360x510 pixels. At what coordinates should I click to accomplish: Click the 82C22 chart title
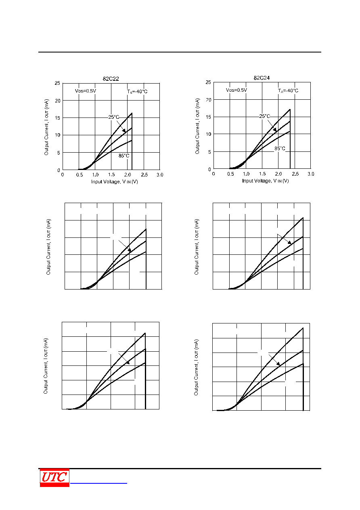tap(111, 79)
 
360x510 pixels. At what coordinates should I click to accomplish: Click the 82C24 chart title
tap(262, 78)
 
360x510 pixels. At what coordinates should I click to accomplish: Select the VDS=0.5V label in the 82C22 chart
tap(86, 91)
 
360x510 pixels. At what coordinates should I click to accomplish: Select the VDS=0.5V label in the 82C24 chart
tap(237, 90)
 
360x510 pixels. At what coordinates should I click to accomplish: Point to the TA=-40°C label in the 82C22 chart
tap(137, 92)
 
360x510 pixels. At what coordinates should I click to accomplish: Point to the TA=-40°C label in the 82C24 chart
tap(288, 90)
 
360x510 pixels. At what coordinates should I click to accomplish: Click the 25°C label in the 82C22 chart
tap(114, 117)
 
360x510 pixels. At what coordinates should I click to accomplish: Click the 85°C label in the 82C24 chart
tap(280, 149)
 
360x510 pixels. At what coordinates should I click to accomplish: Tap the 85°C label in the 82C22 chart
tap(124, 156)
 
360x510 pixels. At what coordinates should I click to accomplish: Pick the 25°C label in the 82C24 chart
tap(265, 116)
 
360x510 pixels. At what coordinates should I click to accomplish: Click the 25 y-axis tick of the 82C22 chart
tap(57, 83)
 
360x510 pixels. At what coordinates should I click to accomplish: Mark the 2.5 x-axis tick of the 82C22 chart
tap(144, 174)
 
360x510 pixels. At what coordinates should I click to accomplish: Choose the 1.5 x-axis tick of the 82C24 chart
tap(262, 174)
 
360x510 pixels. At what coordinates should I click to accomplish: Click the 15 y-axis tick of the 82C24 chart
tap(208, 117)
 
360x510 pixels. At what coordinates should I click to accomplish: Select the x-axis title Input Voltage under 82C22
tap(115, 181)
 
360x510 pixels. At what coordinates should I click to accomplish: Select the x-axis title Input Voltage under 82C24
tap(265, 180)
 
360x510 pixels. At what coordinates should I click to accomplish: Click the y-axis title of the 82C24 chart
tap(197, 126)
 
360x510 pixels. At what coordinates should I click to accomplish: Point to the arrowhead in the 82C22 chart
tap(124, 130)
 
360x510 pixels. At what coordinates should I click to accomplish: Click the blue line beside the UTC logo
tap(98, 483)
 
